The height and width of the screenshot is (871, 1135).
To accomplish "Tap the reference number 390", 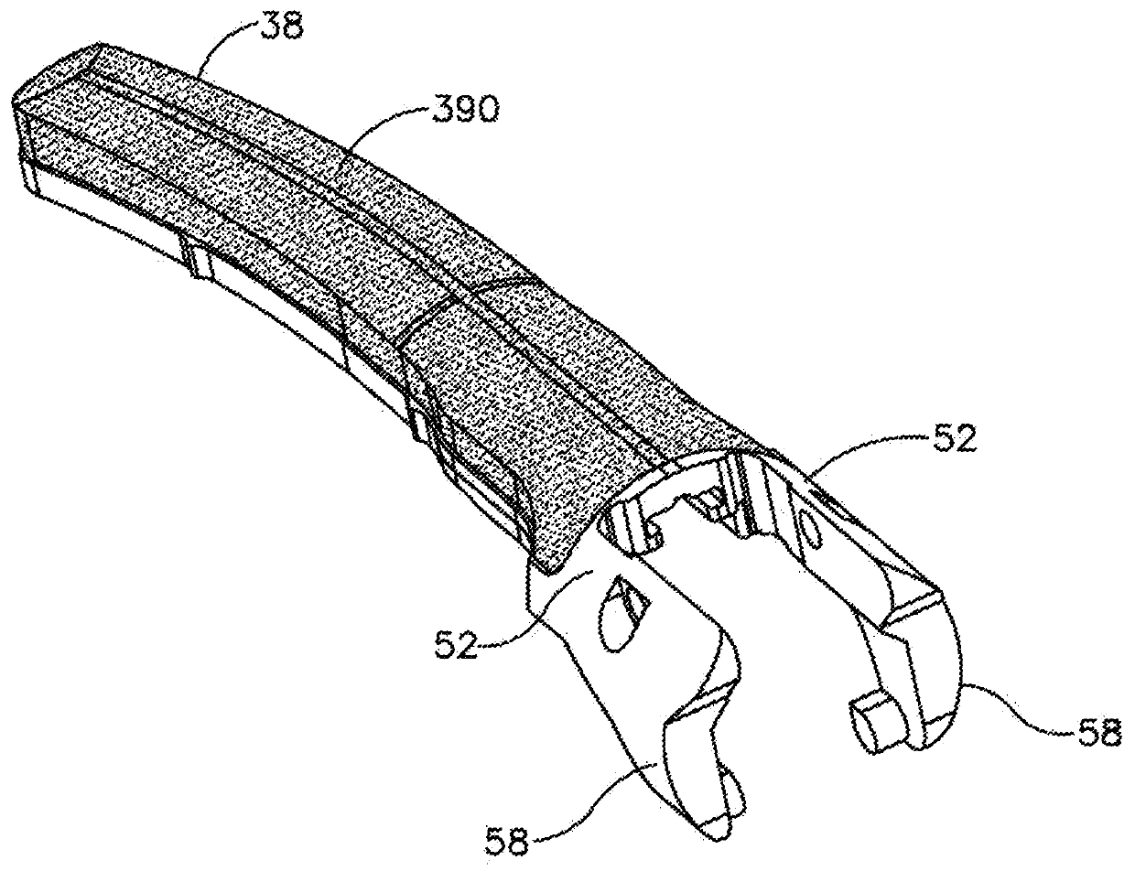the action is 462,111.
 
